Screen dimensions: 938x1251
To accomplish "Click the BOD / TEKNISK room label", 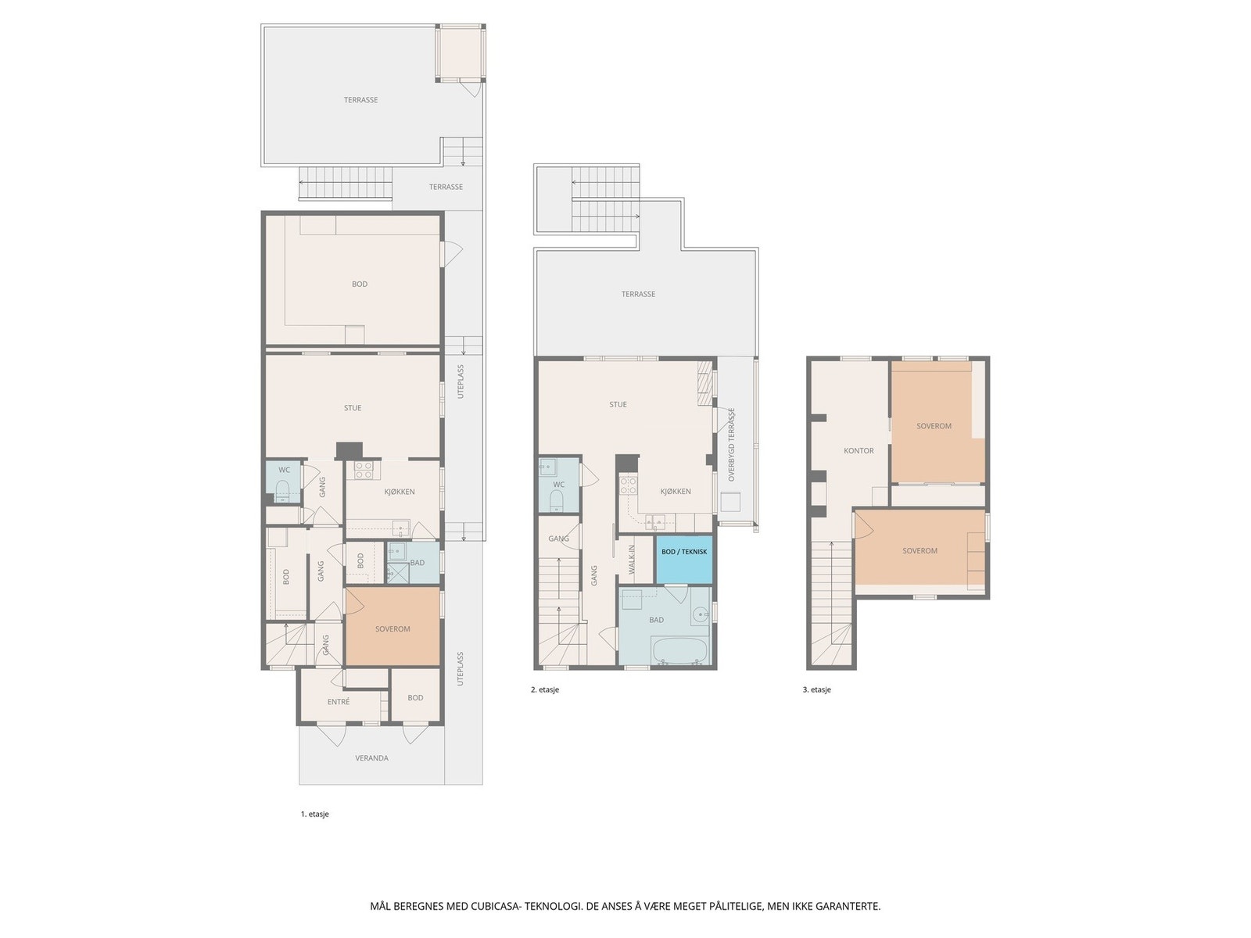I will (x=684, y=551).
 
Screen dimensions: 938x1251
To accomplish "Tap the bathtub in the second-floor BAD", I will (x=679, y=651).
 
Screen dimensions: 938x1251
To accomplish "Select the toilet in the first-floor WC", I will (x=284, y=491).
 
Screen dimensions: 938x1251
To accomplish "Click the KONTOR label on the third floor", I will (x=858, y=451).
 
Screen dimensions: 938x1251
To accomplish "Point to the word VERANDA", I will (x=371, y=758).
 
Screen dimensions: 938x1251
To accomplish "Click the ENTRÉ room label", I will (x=339, y=702).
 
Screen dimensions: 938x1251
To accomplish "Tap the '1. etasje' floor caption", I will (x=314, y=814).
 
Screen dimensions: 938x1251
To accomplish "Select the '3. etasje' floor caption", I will (x=816, y=689).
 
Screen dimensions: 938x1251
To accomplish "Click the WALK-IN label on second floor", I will (x=633, y=560).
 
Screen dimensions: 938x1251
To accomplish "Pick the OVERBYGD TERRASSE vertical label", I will (x=732, y=444).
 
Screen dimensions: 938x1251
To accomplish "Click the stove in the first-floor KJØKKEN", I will (x=364, y=470).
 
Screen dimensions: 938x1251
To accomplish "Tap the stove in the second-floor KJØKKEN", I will (x=628, y=485).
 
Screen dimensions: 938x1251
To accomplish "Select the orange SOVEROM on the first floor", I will (x=393, y=628).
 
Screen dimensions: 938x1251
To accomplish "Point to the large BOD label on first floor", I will (x=360, y=284).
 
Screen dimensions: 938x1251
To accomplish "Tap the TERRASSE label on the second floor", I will (x=638, y=294).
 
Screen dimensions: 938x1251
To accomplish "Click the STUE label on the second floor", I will (x=618, y=404).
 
